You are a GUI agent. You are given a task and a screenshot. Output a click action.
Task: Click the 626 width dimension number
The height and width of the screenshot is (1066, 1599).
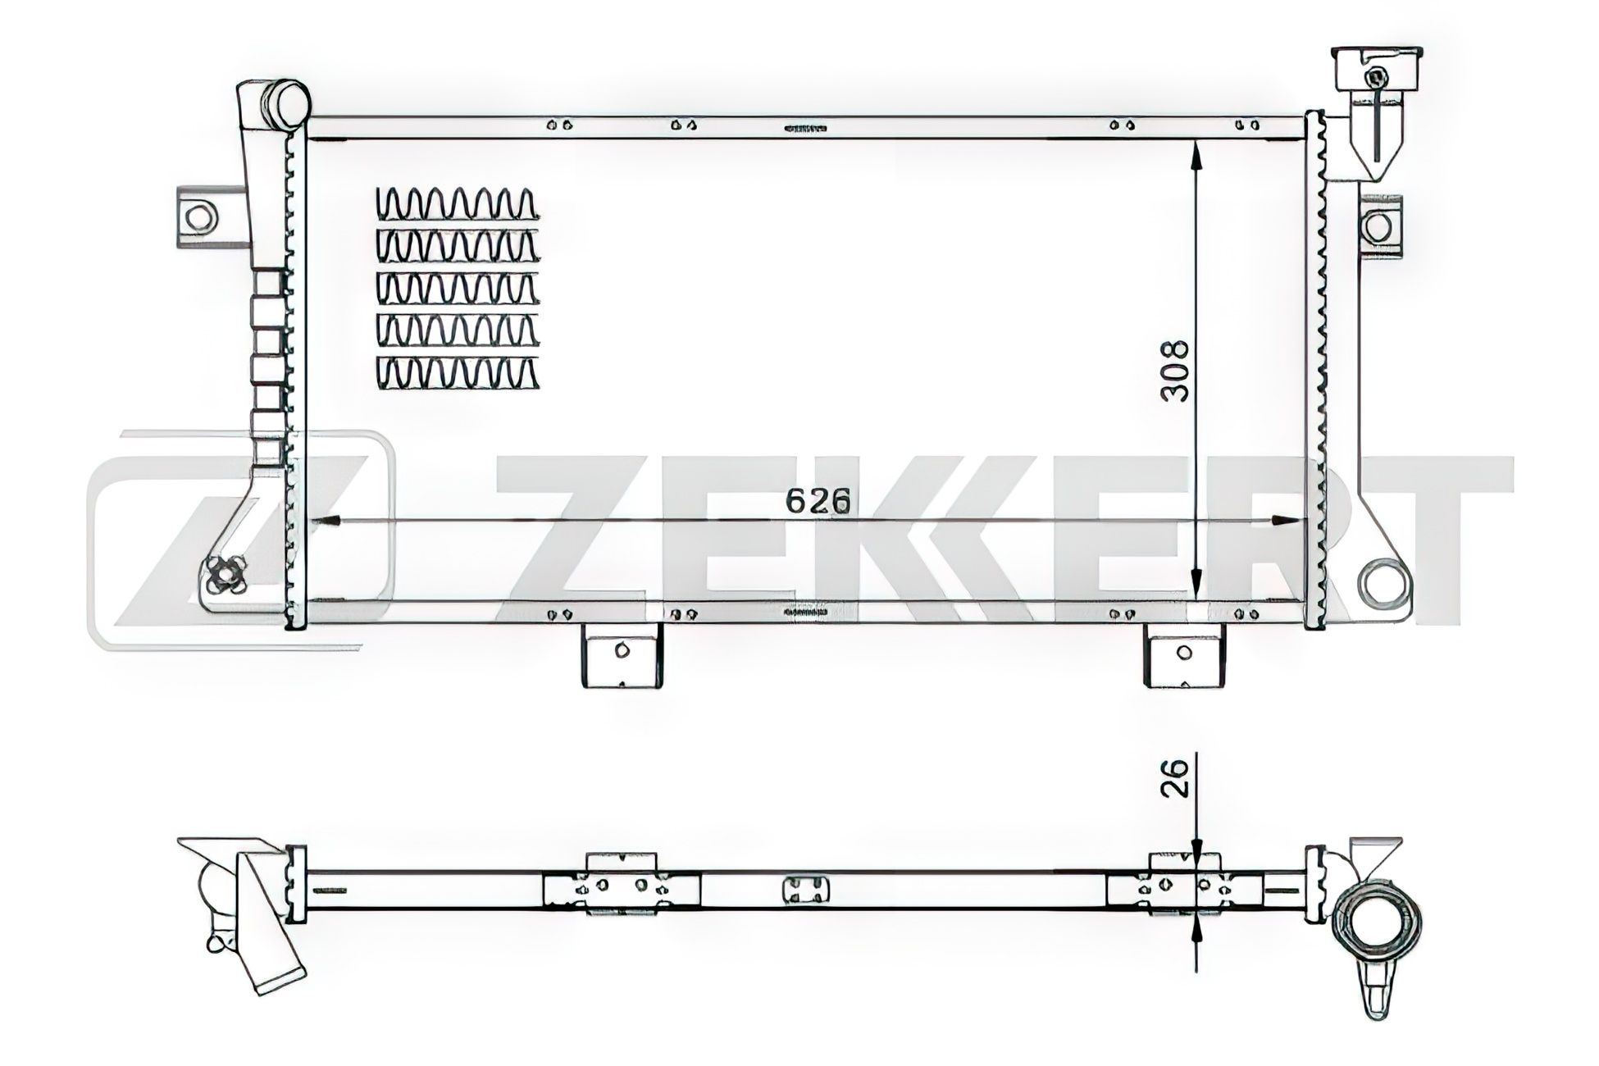tap(815, 501)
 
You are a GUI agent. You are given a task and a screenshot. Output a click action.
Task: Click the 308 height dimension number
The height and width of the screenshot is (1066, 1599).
tap(1176, 371)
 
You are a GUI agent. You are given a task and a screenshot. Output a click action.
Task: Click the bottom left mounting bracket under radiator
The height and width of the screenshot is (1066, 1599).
tap(621, 654)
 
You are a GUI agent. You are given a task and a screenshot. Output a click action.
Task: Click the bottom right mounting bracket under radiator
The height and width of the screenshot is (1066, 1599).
tap(1183, 654)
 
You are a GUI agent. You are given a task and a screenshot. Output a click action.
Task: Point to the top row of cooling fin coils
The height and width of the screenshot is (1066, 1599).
tap(457, 203)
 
